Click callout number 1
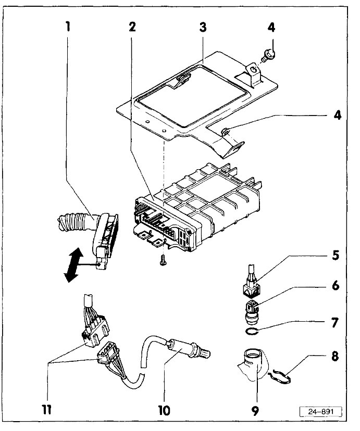click(67, 26)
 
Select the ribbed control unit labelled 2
click(203, 208)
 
